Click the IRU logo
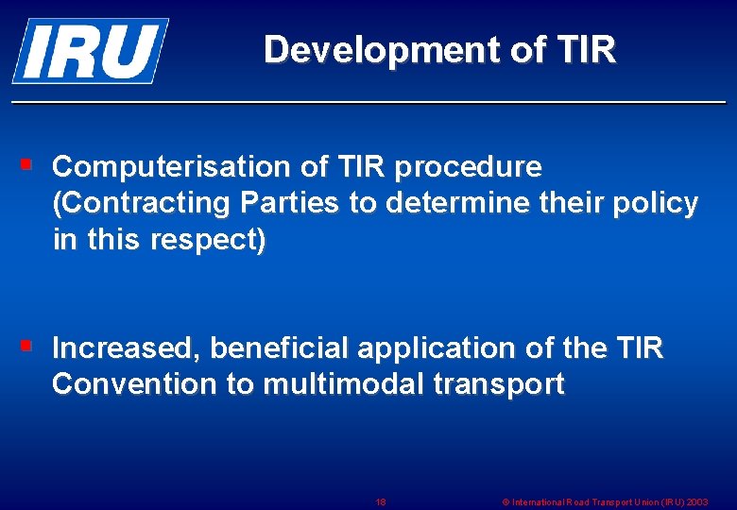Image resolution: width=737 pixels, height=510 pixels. pos(90,50)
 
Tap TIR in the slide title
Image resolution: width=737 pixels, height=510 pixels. pos(586,49)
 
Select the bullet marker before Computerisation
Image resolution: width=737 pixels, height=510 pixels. pos(27,165)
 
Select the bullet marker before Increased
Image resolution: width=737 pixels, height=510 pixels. pos(27,347)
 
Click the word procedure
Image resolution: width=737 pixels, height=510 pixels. pos(469,167)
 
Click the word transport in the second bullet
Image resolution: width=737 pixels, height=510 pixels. pos(503,384)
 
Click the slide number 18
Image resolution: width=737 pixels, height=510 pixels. pos(380,502)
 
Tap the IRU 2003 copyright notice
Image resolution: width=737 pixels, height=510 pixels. pos(605,502)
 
